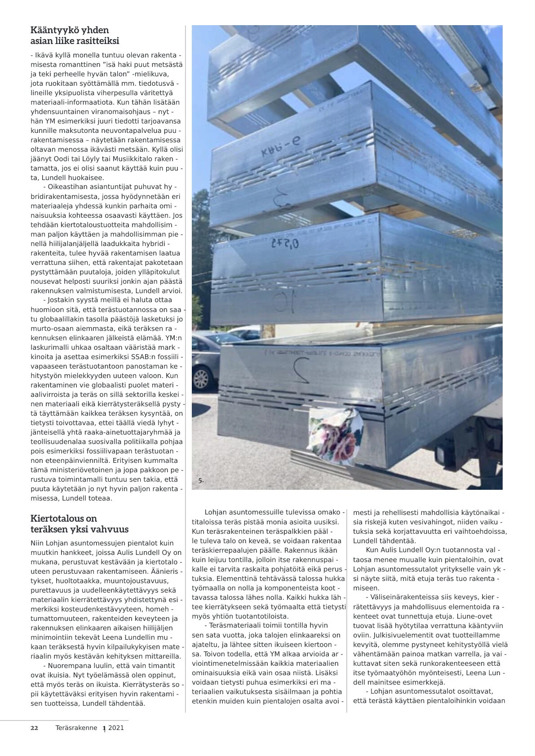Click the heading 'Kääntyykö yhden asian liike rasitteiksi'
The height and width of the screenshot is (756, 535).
(x=75, y=35)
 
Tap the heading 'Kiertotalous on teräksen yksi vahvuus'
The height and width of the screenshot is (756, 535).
(x=79, y=523)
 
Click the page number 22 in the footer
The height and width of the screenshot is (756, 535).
(x=34, y=728)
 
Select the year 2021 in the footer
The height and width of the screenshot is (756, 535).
(x=116, y=728)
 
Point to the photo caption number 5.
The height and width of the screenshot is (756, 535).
(x=201, y=480)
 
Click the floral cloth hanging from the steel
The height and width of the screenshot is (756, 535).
(x=336, y=435)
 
